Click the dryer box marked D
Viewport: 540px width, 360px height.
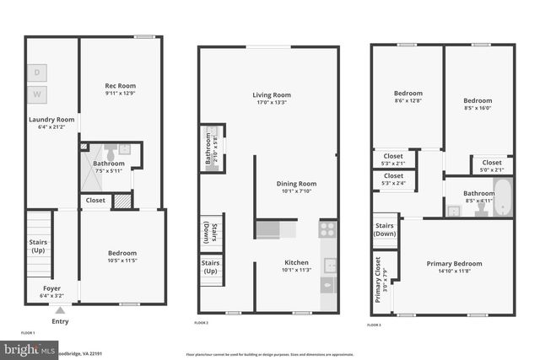click(37, 73)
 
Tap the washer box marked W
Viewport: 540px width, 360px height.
click(37, 93)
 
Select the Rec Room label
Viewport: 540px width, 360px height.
click(121, 86)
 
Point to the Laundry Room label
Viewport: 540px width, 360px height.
click(51, 120)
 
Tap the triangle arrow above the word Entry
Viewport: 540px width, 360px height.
click(59, 309)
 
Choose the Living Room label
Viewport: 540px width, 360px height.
click(271, 95)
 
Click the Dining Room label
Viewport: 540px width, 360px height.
click(296, 184)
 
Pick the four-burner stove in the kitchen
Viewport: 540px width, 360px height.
click(327, 228)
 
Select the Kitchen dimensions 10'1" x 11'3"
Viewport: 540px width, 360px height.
click(296, 271)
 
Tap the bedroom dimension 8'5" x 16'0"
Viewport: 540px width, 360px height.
click(478, 107)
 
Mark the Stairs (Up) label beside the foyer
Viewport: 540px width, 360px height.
click(37, 246)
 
